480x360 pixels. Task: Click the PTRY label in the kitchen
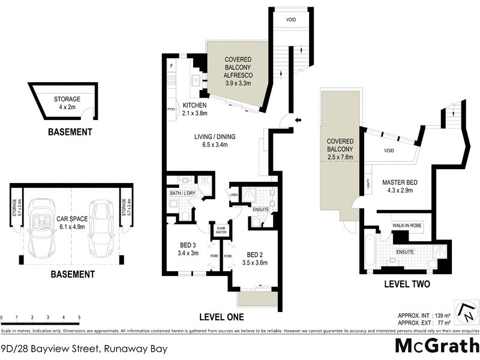(170, 109)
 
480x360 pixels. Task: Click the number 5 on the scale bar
(79, 317)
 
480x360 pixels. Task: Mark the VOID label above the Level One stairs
(290, 19)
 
